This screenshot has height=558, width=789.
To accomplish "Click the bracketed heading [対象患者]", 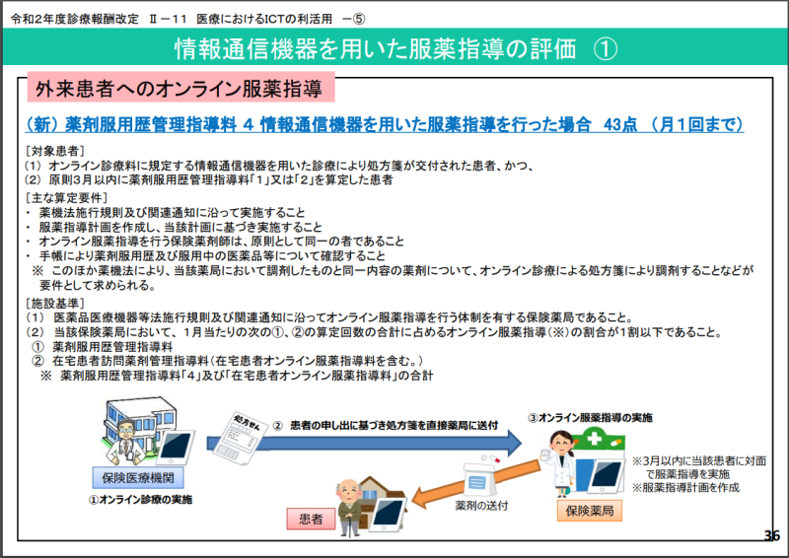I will [x=55, y=150].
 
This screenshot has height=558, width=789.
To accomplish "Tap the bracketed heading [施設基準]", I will [x=55, y=303].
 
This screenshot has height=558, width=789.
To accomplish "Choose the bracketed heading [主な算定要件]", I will [x=62, y=198].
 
